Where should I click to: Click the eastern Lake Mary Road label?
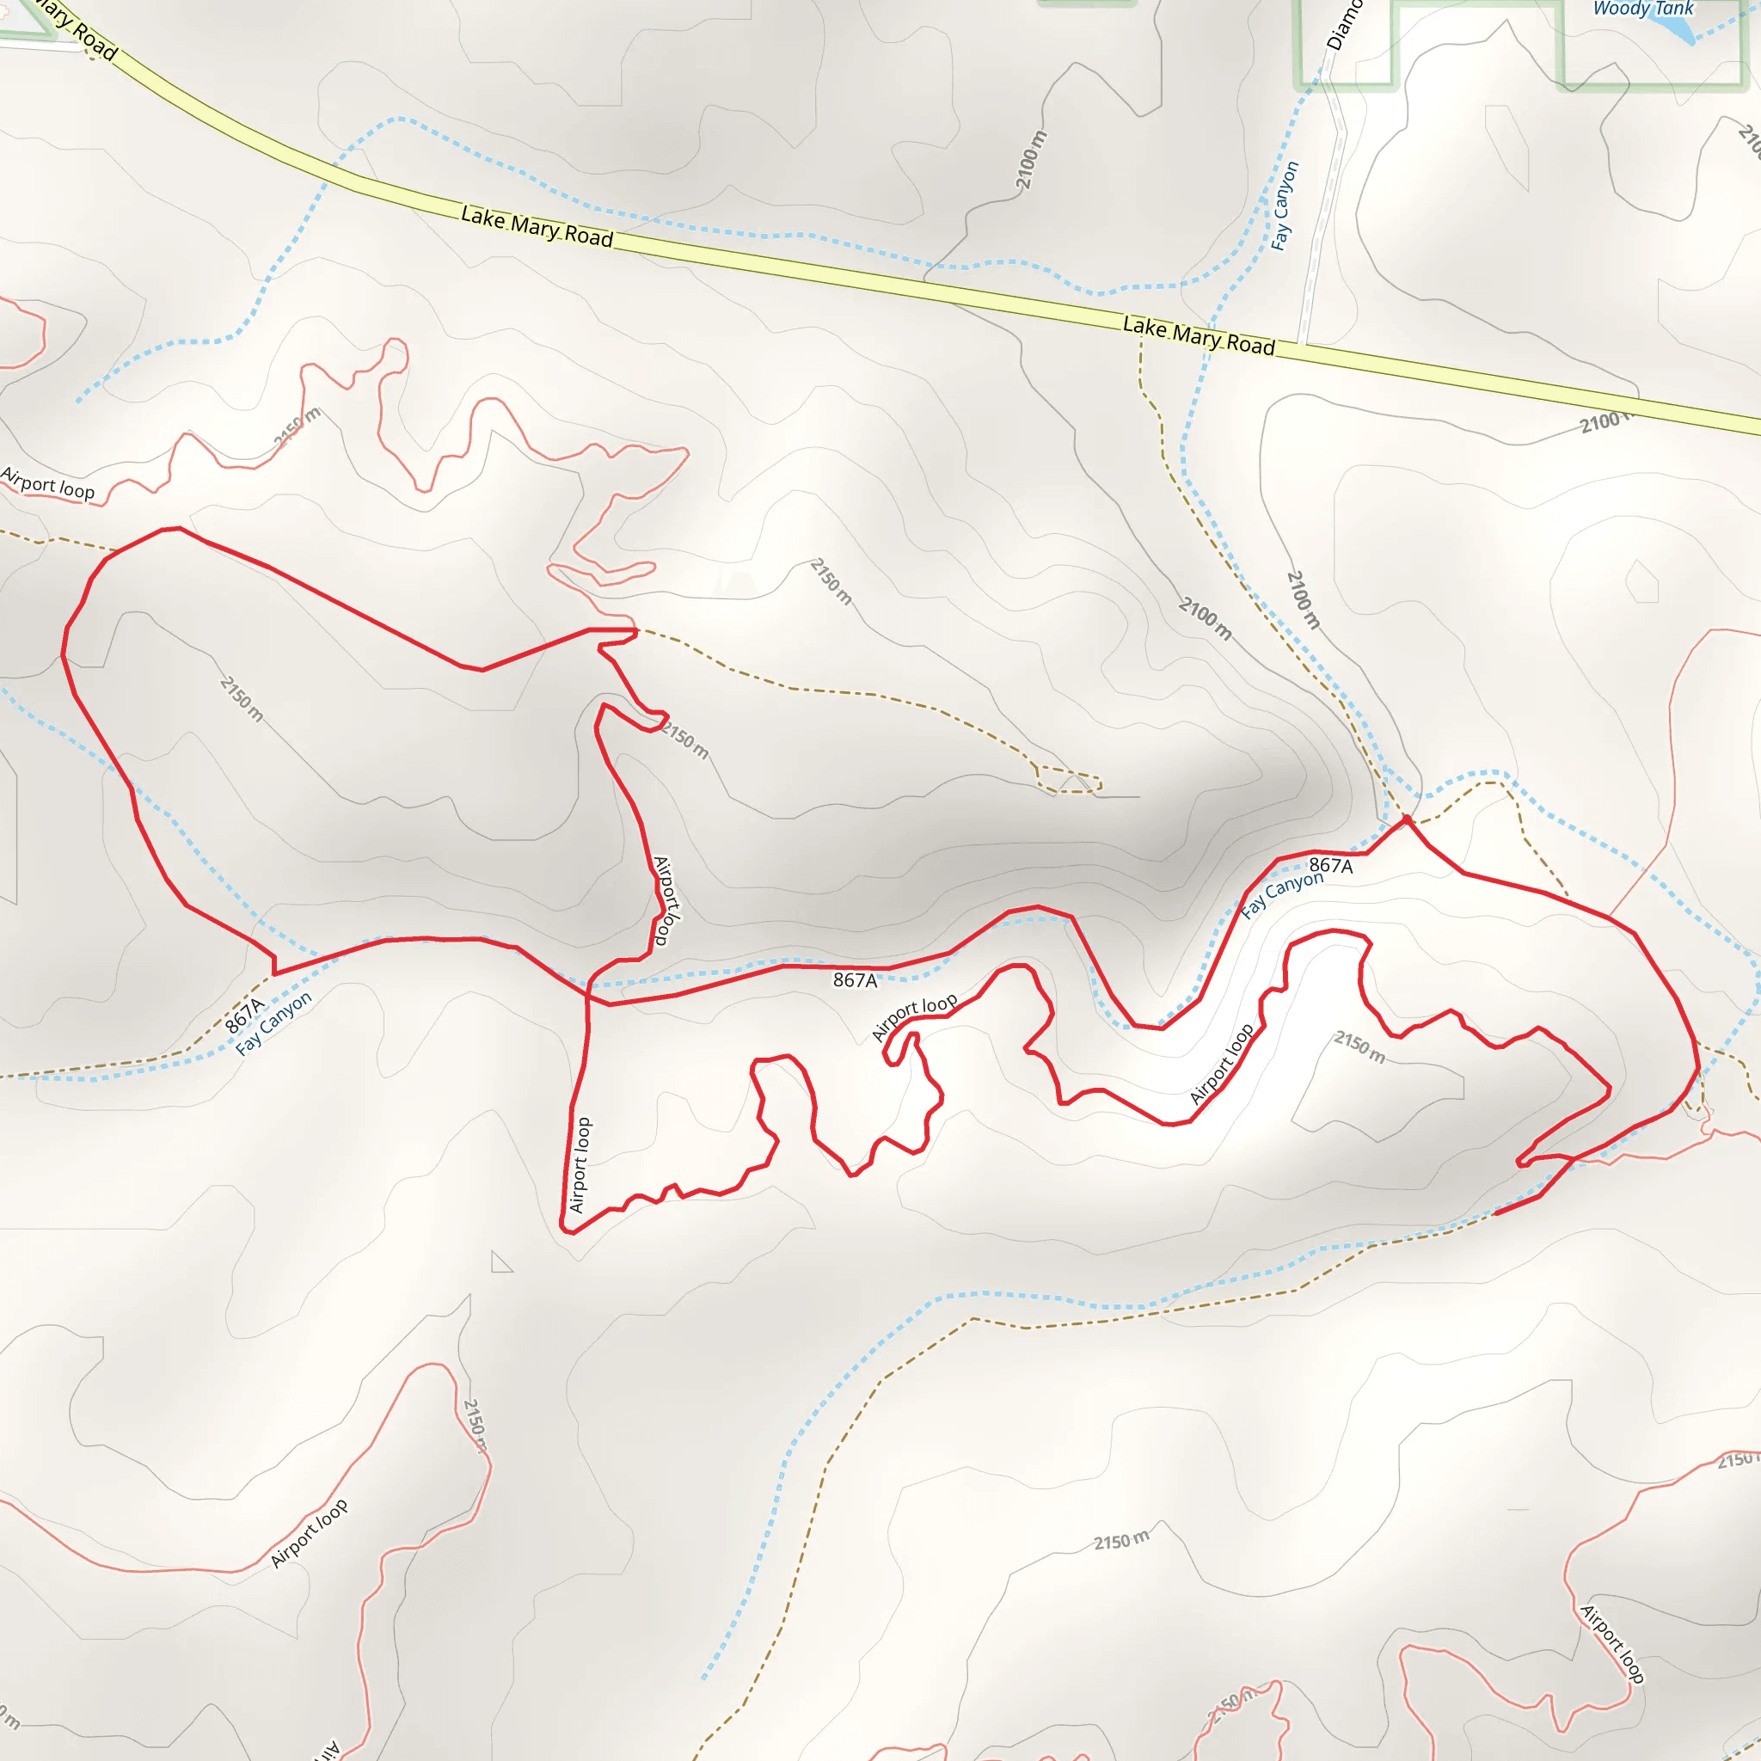click(x=1198, y=335)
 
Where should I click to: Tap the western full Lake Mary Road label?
click(x=536, y=226)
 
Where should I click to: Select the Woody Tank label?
click(x=1642, y=9)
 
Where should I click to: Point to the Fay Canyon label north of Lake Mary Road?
click(x=1285, y=206)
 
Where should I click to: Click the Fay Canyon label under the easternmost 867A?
click(x=1281, y=894)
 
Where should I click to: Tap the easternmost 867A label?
click(x=1331, y=866)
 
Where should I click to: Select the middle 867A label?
click(x=855, y=981)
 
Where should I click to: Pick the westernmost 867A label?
click(x=244, y=1015)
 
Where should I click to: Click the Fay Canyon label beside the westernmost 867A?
click(x=273, y=1022)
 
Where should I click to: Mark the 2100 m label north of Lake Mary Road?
click(x=1031, y=161)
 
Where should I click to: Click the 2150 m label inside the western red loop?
click(x=242, y=699)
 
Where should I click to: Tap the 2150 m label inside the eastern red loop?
click(x=1359, y=1046)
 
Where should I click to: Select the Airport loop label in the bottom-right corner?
click(x=1612, y=1643)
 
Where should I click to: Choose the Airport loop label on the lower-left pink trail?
click(x=309, y=1533)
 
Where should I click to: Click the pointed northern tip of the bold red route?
click(x=1407, y=819)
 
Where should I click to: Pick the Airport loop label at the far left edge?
click(x=47, y=483)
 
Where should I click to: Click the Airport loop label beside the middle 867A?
click(x=913, y=1015)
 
